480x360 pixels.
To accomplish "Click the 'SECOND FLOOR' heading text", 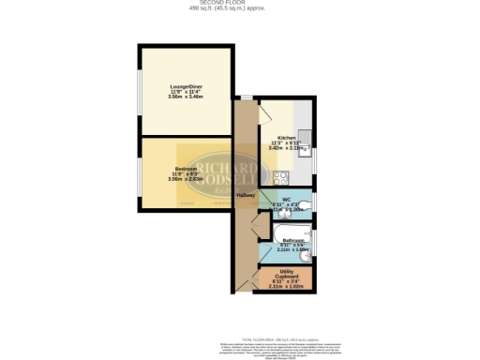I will pos(240,3).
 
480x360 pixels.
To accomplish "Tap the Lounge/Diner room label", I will pos(185,86).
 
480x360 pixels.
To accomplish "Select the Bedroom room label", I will pos(185,168).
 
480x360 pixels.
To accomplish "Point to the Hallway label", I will pos(246,194).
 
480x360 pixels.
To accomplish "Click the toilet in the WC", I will pos(306,204).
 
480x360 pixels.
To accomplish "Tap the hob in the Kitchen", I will pos(278,176).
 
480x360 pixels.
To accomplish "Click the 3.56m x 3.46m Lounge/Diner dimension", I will pos(185,97).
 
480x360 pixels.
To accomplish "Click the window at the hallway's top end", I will pos(246,97).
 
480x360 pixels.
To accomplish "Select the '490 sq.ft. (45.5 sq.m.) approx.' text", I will pos(240,9).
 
